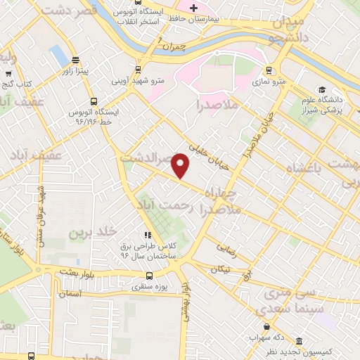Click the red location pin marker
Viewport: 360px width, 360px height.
tap(181, 165)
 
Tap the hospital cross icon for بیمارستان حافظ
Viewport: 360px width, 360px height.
tap(193, 7)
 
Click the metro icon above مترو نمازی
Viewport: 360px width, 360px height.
tap(268, 70)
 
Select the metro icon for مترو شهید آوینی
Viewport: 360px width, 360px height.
tap(138, 70)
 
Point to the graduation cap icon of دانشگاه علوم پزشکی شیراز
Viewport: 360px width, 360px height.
tap(321, 90)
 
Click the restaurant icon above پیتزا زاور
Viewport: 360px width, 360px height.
tap(75, 60)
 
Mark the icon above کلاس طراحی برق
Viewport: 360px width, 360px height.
tap(147, 235)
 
